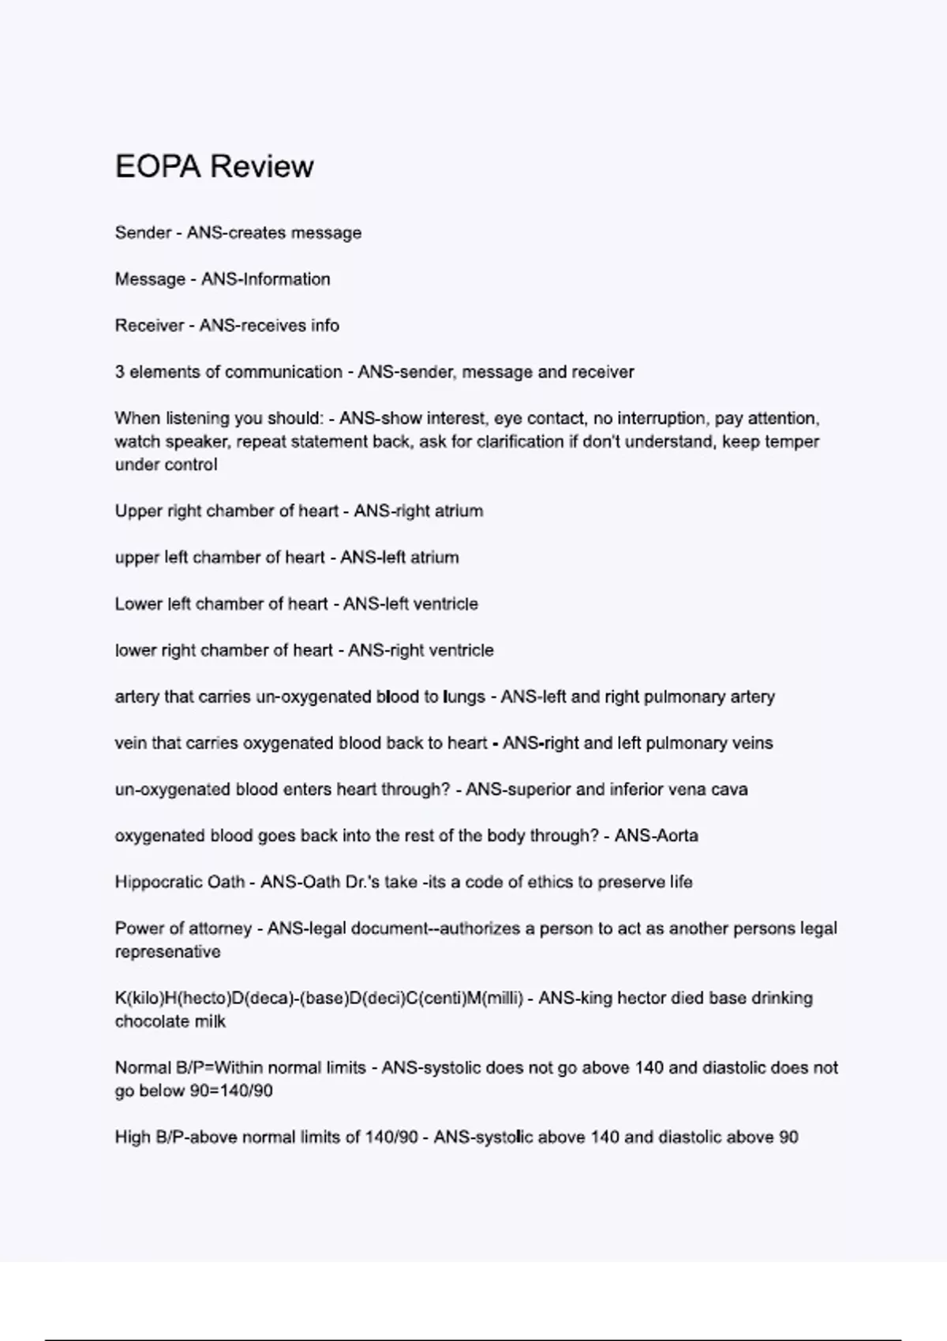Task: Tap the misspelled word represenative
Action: pyautogui.click(x=167, y=952)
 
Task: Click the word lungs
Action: pyautogui.click(x=464, y=697)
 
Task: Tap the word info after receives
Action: pyautogui.click(x=324, y=326)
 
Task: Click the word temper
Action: pyautogui.click(x=792, y=442)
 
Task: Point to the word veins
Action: pyautogui.click(x=752, y=743)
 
